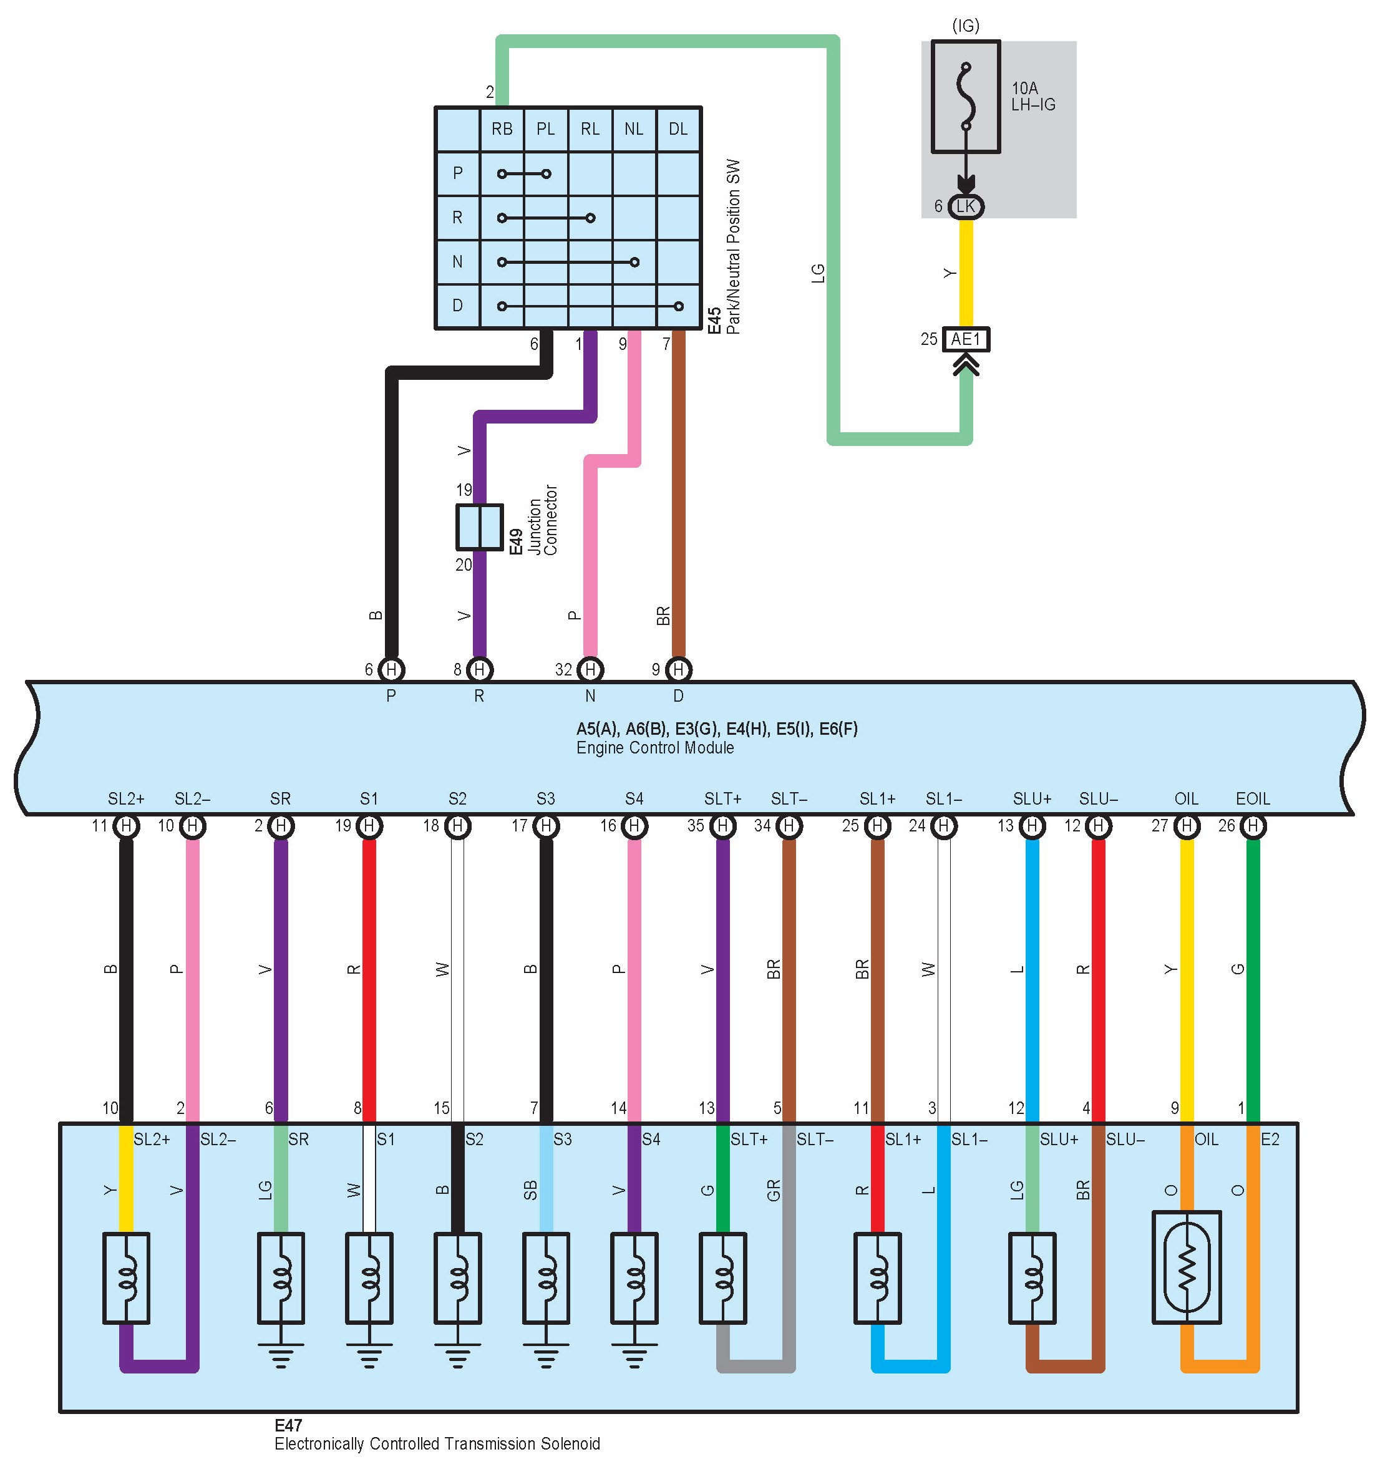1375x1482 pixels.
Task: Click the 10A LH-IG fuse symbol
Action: tap(965, 97)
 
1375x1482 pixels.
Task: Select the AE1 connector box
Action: tap(966, 339)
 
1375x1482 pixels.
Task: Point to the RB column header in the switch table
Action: tap(502, 130)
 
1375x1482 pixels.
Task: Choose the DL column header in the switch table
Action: tap(678, 130)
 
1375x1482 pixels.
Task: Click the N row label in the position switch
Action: tap(457, 262)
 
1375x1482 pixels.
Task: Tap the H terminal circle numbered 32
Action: tap(590, 669)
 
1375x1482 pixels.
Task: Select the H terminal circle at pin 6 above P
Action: tap(391, 669)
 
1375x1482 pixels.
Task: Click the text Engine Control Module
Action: tap(655, 748)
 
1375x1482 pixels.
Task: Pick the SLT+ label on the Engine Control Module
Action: tap(722, 799)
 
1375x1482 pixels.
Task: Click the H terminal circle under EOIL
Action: tap(1253, 826)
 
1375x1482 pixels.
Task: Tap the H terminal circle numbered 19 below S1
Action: tap(369, 826)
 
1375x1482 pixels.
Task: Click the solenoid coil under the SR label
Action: tap(281, 1278)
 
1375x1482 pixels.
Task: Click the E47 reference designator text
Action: tap(288, 1425)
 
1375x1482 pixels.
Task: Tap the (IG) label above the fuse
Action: tap(965, 26)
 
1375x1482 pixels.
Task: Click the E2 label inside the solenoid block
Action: tap(1270, 1139)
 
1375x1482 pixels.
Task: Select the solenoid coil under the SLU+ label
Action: tap(1032, 1278)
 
